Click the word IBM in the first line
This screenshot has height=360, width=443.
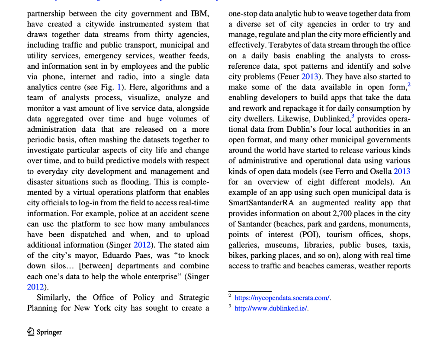(x=200, y=13)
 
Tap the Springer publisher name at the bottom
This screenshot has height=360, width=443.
(x=49, y=332)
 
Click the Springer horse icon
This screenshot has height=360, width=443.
(x=30, y=332)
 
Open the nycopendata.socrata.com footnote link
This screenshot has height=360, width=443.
(x=282, y=298)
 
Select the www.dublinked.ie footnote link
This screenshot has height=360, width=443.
(x=271, y=308)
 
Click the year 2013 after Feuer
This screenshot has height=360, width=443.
(x=309, y=76)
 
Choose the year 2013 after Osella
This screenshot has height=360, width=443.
(x=402, y=172)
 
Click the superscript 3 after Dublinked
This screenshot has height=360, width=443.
(x=353, y=116)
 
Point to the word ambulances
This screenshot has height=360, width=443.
(x=186, y=224)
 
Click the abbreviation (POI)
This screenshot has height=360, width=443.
(x=308, y=234)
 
